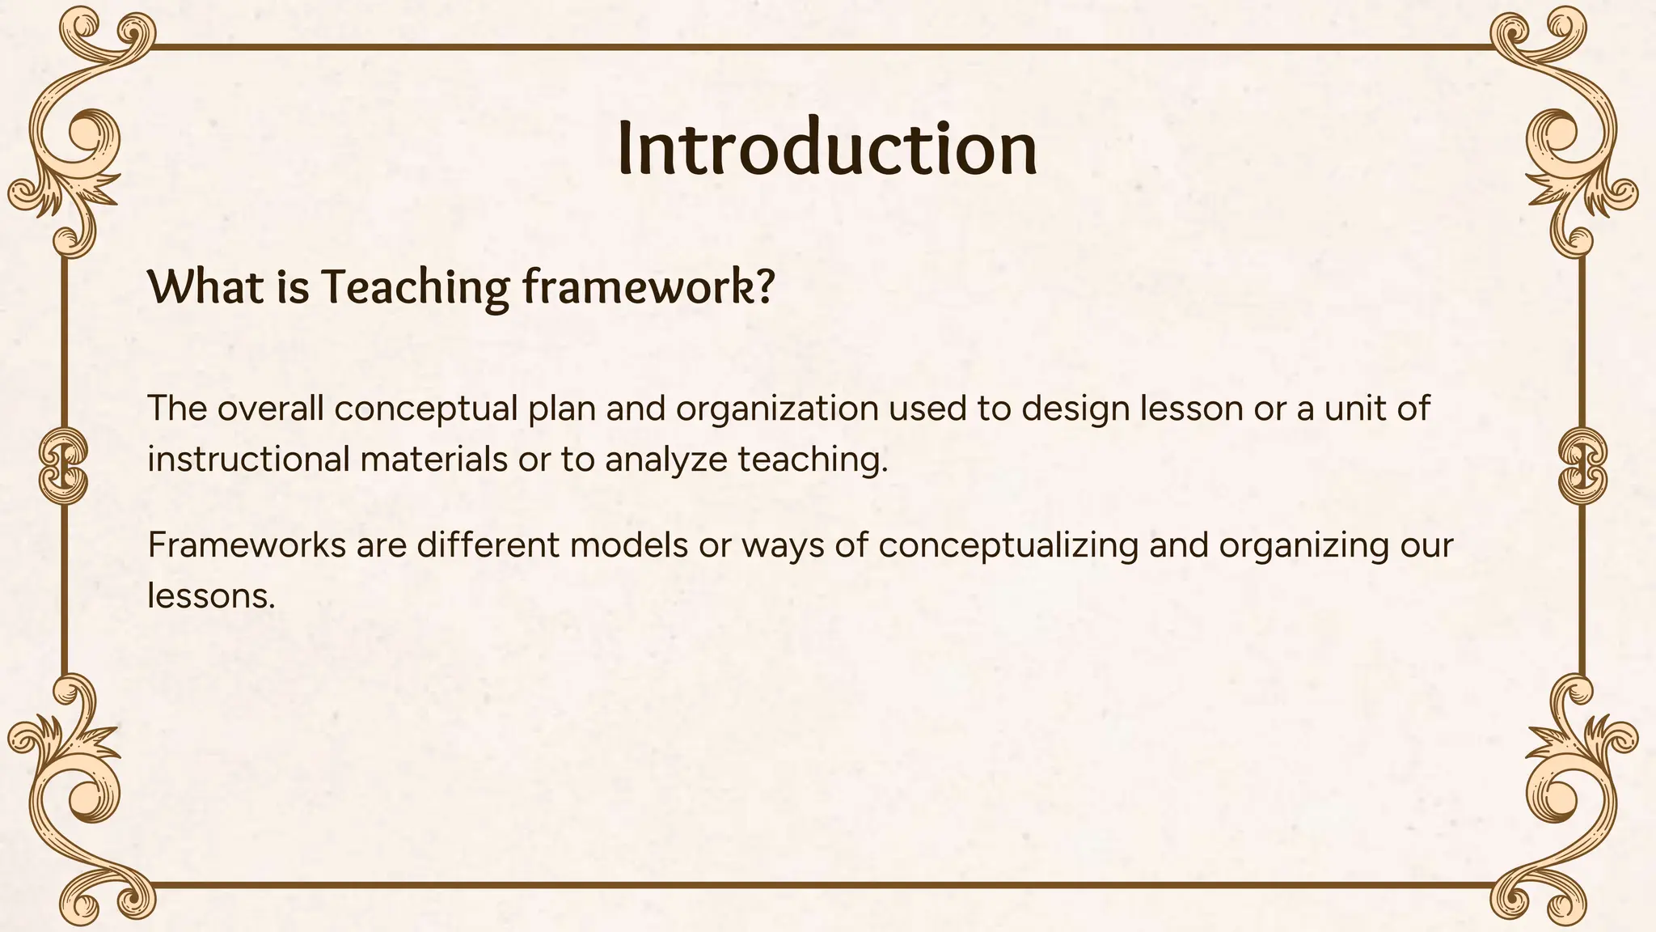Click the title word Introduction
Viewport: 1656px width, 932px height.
(826, 149)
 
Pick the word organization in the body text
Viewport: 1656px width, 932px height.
(777, 409)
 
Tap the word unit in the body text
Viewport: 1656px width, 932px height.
(1355, 409)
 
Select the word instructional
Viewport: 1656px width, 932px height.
(248, 460)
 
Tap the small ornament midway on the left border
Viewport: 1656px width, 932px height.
(63, 467)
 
